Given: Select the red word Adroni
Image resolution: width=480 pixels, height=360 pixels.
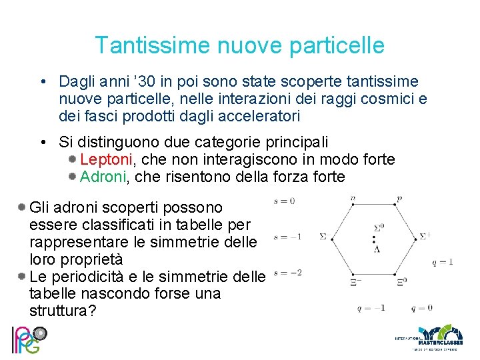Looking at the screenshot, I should (103, 177).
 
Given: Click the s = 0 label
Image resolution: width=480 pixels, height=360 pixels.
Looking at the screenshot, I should (284, 200).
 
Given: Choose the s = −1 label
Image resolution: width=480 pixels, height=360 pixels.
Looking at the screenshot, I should (287, 236).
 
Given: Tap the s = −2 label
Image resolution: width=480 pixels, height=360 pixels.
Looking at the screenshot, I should (287, 273).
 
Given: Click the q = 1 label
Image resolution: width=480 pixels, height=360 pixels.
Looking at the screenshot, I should (442, 261).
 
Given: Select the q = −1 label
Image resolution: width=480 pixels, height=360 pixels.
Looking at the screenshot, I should (370, 308).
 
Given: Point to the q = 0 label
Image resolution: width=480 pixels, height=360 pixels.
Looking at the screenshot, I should (421, 308).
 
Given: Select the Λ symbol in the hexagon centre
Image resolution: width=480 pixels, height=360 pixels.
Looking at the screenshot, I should (377, 249).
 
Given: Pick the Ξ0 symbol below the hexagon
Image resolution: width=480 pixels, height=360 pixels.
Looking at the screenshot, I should (401, 281).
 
